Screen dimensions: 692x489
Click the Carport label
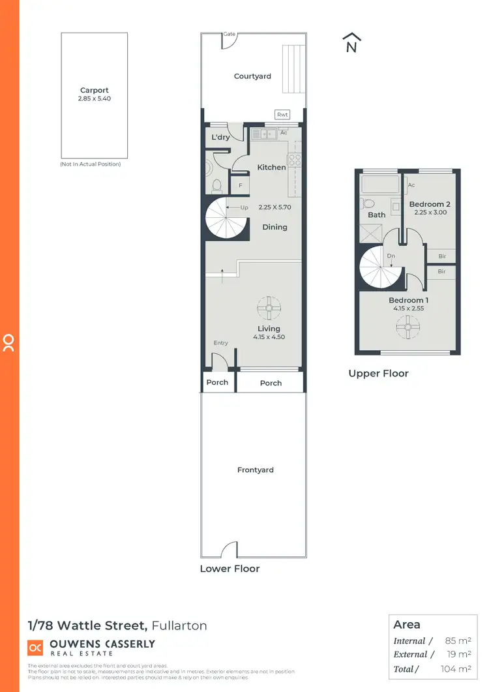point(94,91)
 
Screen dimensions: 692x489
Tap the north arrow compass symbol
point(351,42)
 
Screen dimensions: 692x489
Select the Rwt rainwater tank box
point(282,115)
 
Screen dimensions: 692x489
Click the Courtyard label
point(252,76)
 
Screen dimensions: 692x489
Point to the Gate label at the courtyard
point(229,33)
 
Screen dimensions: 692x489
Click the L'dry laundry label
point(218,138)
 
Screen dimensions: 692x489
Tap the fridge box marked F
point(240,186)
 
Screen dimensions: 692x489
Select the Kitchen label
point(271,167)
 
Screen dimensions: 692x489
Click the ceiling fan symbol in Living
point(268,308)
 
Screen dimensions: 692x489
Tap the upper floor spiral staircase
point(380,267)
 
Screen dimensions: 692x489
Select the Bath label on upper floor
point(376,215)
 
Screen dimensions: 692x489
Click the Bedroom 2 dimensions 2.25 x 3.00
point(430,213)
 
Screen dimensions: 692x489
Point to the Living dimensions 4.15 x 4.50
point(269,337)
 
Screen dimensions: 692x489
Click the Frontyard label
point(255,470)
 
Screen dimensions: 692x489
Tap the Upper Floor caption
point(378,374)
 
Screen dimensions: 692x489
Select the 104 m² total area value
point(456,669)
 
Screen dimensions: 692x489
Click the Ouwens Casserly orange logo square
point(35,647)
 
